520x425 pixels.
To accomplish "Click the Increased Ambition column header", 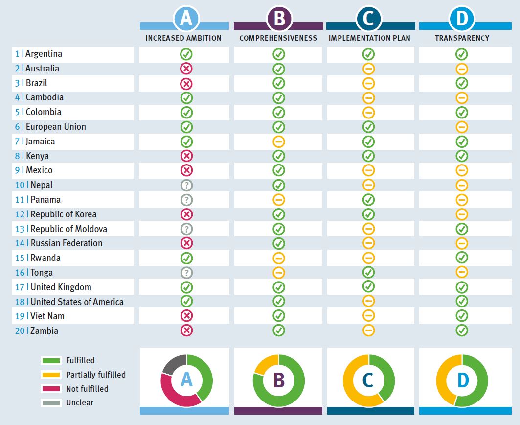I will click(x=183, y=38).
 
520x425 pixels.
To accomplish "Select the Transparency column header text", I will click(x=462, y=38).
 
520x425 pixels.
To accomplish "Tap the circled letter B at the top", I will click(x=279, y=19).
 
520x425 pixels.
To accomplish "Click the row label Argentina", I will click(x=44, y=54).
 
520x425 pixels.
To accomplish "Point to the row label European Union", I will click(x=56, y=127).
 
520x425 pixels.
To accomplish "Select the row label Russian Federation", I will click(x=67, y=243).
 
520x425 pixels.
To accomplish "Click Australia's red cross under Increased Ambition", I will click(x=186, y=69).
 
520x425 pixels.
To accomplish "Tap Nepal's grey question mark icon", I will click(x=186, y=185).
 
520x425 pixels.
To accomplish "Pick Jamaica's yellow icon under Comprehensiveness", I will click(x=279, y=142).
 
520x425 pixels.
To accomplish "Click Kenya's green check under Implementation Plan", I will click(x=369, y=156).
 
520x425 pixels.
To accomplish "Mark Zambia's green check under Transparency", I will click(x=462, y=331).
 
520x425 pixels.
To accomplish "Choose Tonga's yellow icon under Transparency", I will click(x=462, y=272).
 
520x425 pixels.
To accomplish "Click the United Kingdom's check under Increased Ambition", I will click(x=186, y=287).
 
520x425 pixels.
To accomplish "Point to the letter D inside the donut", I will click(x=462, y=380).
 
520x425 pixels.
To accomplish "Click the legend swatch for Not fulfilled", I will click(x=50, y=389).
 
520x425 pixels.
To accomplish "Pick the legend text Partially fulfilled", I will click(x=96, y=375).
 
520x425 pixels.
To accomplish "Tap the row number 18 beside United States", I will click(x=20, y=302).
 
